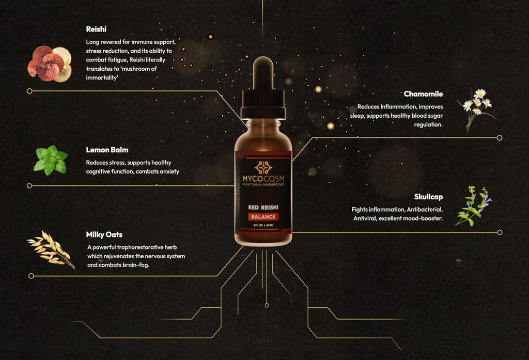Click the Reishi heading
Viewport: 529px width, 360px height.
click(96, 29)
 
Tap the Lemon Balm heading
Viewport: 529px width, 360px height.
click(107, 150)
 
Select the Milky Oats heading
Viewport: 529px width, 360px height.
click(104, 234)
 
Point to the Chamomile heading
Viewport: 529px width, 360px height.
click(423, 94)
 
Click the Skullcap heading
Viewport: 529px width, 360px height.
click(428, 197)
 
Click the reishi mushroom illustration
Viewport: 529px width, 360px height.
click(49, 64)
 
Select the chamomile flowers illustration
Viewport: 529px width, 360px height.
click(476, 107)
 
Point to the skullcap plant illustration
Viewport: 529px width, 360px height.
click(472, 206)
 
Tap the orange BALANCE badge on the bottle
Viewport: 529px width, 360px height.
click(263, 216)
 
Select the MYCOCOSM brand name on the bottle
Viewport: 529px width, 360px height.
click(263, 180)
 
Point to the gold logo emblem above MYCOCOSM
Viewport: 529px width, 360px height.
click(263, 167)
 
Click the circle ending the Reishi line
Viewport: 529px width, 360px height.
click(29, 91)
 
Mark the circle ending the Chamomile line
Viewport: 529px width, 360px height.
click(500, 138)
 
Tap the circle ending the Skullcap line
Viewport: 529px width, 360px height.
click(500, 232)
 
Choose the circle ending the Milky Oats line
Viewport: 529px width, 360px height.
click(31, 276)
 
